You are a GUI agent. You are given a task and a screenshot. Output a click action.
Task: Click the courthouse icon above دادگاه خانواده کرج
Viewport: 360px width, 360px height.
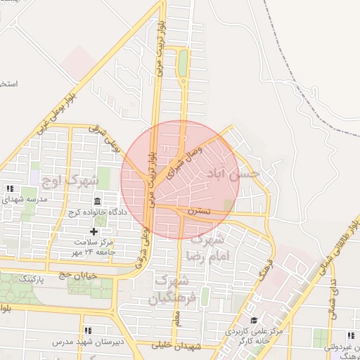click(x=96, y=201)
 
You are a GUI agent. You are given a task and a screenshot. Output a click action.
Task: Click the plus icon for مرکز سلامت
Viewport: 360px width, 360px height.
click(x=94, y=231)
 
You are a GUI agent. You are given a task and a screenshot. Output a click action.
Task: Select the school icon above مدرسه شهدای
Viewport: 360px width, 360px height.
click(x=10, y=188)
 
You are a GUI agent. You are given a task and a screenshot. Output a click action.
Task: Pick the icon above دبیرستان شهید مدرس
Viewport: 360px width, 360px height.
click(x=88, y=330)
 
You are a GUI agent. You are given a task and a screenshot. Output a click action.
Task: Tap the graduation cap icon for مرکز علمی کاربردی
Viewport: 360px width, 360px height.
click(x=253, y=321)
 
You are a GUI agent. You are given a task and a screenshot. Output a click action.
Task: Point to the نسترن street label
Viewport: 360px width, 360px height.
click(x=199, y=211)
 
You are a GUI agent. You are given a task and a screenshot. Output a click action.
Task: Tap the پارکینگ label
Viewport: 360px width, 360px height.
click(x=31, y=279)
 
